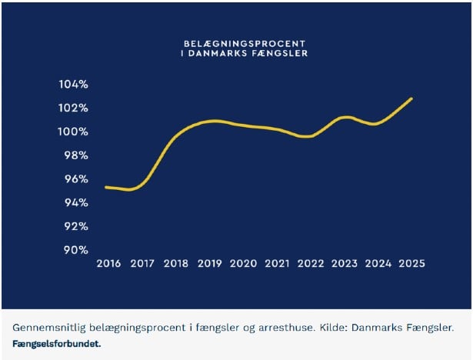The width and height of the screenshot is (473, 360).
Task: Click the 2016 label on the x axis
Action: pos(108,263)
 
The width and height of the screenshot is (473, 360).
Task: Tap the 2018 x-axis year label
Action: pos(176,263)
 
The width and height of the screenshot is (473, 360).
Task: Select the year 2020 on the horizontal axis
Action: pos(243,263)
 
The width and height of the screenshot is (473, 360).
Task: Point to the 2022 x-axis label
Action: pos(311,263)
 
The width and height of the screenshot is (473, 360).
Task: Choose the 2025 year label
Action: pos(411,263)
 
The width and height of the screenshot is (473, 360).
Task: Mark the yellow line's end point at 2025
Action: pos(412,98)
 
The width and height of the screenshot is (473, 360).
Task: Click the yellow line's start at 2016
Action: pos(105,187)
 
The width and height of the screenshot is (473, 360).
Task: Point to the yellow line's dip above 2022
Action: pos(307,136)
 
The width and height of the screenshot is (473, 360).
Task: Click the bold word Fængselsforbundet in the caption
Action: pos(56,343)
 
